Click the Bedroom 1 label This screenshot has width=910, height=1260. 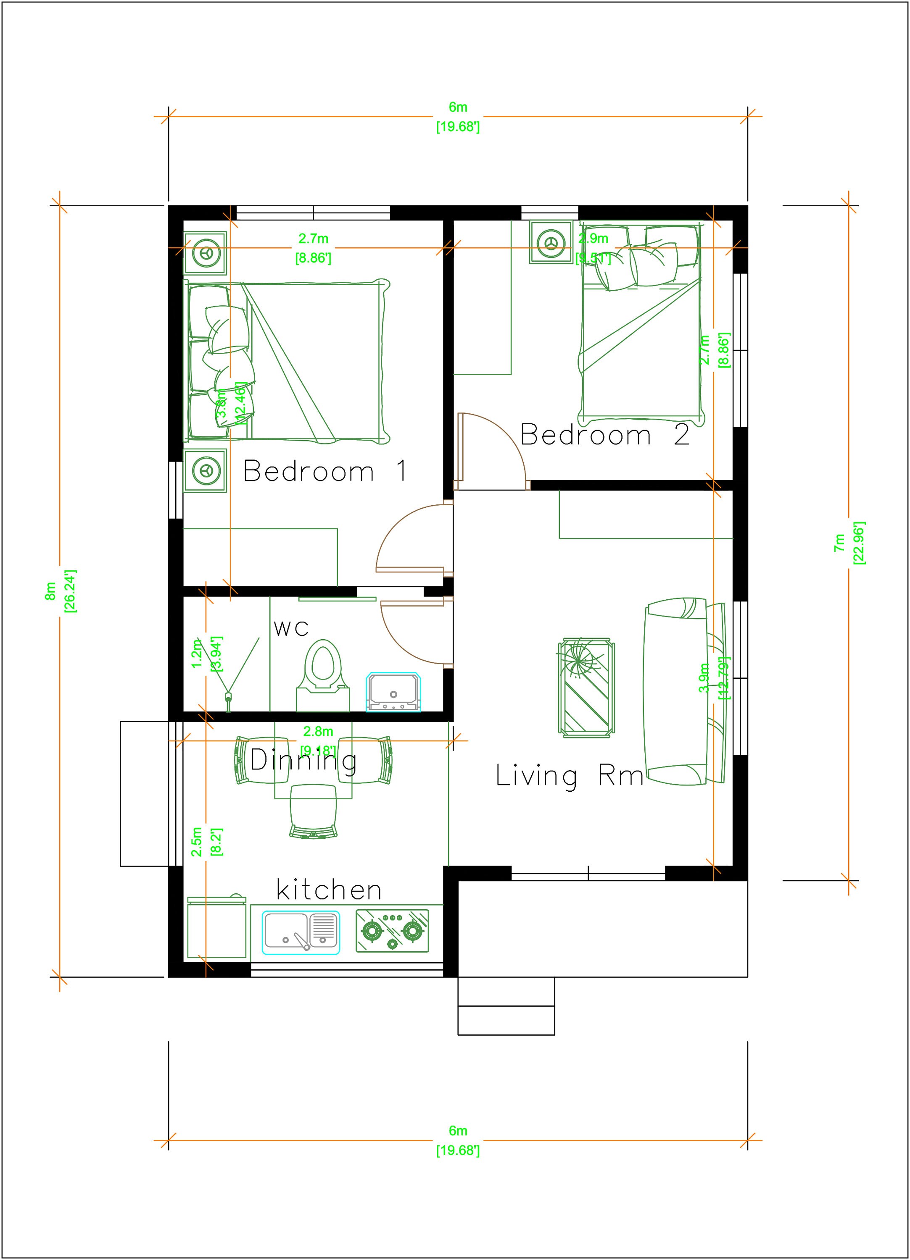coord(326,471)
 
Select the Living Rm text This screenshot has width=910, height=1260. coord(569,776)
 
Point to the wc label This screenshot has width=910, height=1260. coord(291,628)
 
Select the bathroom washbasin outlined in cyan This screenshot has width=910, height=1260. coord(393,693)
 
